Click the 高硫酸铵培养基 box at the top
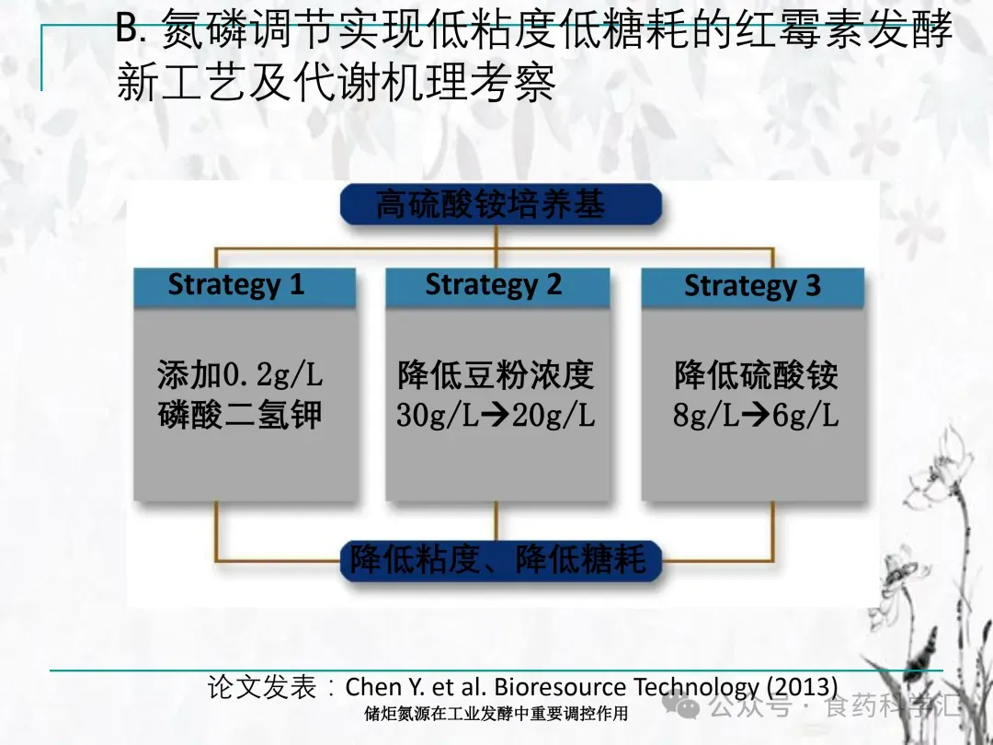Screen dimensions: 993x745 coord(501,204)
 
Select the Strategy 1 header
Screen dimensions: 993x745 coord(245,287)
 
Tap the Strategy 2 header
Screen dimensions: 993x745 coord(497,287)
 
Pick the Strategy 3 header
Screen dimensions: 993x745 coord(753,287)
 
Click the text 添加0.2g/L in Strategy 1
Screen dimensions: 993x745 coord(240,374)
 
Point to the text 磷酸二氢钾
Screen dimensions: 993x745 coord(240,415)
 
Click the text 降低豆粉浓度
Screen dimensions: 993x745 coord(496,374)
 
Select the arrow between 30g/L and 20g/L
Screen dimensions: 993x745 coord(496,416)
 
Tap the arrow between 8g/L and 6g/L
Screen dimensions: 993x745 coord(756,416)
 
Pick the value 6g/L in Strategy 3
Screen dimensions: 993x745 coord(805,416)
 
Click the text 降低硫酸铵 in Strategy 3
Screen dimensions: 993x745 coord(756,374)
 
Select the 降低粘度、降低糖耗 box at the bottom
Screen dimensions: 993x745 coord(501,561)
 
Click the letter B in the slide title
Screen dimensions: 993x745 coord(127,29)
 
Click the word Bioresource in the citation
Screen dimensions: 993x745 coord(561,687)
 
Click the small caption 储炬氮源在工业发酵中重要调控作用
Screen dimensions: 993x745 coord(496,714)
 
